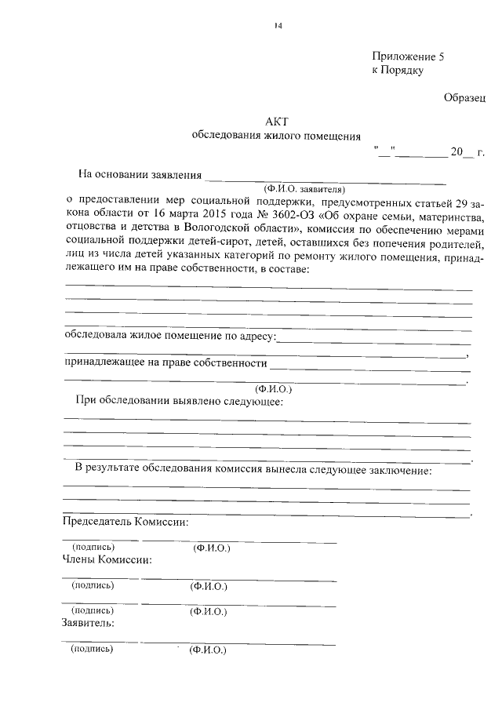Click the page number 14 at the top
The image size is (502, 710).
tap(278, 26)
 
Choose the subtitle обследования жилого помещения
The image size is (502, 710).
tap(277, 136)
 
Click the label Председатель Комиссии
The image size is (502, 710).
tap(125, 522)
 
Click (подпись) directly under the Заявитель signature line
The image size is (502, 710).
tap(92, 650)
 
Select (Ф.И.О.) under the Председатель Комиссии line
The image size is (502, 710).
tap(211, 548)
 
